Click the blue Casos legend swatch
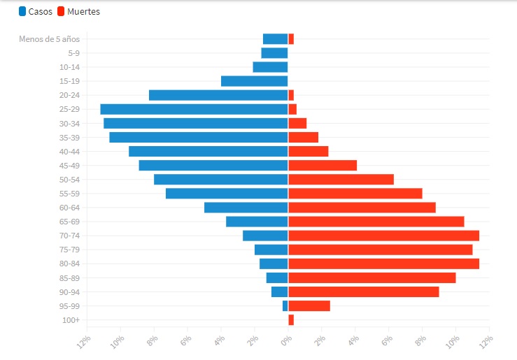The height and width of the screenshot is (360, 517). pyautogui.click(x=23, y=11)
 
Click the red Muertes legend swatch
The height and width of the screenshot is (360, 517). pyautogui.click(x=62, y=11)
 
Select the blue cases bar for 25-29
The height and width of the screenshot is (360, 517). pyautogui.click(x=194, y=109)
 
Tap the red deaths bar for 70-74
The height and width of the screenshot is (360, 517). pyautogui.click(x=383, y=236)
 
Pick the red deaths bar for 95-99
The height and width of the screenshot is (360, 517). pyautogui.click(x=309, y=305)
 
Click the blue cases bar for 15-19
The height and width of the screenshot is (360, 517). pyautogui.click(x=254, y=81)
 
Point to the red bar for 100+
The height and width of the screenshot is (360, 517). pyautogui.click(x=291, y=319)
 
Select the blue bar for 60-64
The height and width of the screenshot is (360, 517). pyautogui.click(x=246, y=208)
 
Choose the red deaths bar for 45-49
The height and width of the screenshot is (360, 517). pyautogui.click(x=323, y=166)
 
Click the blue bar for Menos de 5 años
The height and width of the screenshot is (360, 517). pyautogui.click(x=275, y=39)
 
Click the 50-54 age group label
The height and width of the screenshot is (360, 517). pyautogui.click(x=69, y=180)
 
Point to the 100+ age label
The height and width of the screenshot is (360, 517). pyautogui.click(x=72, y=320)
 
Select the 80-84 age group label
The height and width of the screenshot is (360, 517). pyautogui.click(x=69, y=264)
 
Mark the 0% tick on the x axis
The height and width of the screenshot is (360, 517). pyautogui.click(x=286, y=340)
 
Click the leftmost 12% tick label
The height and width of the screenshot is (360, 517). pyautogui.click(x=84, y=341)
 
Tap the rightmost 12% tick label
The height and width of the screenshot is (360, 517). pyautogui.click(x=486, y=340)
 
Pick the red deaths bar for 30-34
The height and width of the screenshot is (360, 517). pyautogui.click(x=297, y=123)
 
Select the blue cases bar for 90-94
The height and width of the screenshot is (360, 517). pyautogui.click(x=279, y=291)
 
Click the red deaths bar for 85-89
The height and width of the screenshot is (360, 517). pyautogui.click(x=371, y=278)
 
